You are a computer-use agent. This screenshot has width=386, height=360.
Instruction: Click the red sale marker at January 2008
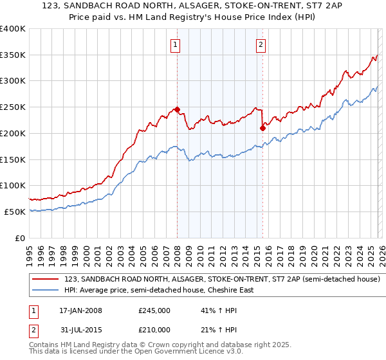[177, 109]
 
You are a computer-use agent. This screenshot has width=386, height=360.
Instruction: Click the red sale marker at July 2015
[262, 128]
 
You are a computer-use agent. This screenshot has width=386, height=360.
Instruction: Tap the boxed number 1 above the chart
[175, 44]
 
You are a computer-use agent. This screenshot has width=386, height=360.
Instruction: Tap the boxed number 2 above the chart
[261, 44]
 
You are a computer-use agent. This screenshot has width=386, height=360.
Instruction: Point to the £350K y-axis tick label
[13, 55]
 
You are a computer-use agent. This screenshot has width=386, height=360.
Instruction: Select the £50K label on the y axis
[15, 212]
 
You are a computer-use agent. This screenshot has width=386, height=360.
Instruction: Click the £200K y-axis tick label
[13, 133]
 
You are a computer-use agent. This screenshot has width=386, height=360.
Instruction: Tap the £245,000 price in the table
[154, 310]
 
